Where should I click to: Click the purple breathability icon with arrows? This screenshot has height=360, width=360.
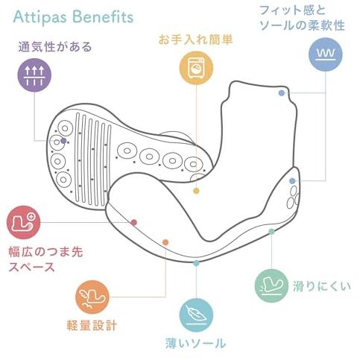coord(34,75)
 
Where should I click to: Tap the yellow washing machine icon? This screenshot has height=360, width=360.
coord(196,68)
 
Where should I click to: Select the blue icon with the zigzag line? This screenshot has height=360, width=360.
coord(326,54)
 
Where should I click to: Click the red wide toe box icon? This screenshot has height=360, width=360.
coord(24,222)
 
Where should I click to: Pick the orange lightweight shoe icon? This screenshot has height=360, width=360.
coord(92,297)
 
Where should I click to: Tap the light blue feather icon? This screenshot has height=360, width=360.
coord(196,315)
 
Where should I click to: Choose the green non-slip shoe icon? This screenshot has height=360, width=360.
coord(271,285)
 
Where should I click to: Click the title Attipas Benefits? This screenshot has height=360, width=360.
coord(73,17)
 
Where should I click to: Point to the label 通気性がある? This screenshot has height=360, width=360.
coord(55,47)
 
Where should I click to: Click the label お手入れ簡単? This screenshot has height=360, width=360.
coord(195,40)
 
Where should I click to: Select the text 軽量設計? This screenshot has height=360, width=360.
coord(92,326)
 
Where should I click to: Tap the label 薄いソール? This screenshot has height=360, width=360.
coord(196,344)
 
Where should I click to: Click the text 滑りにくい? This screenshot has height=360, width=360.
coord(322,286)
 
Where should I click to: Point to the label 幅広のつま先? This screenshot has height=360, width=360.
coord(45,252)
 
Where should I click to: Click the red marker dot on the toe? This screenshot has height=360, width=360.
coord(134,222)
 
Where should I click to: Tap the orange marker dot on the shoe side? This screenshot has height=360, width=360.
coord(165,242)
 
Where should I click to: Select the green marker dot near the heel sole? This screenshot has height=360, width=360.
coord(271,232)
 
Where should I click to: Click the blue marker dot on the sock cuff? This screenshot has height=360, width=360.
coord(282,93)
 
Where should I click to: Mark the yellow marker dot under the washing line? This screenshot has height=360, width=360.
coord(196,191)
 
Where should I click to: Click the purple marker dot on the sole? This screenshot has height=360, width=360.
coord(63,141)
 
